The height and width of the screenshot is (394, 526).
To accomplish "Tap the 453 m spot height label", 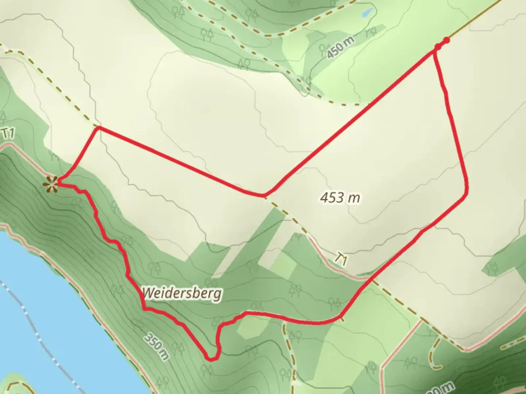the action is pyautogui.click(x=340, y=198).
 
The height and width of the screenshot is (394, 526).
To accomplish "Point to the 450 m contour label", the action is pyautogui.click(x=340, y=48).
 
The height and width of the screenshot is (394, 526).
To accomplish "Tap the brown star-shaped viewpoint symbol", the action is pyautogui.click(x=51, y=184).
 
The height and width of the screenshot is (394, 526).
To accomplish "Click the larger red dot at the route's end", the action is pyautogui.click(x=446, y=40).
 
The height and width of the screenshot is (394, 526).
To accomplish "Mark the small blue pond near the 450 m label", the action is pyautogui.click(x=367, y=13).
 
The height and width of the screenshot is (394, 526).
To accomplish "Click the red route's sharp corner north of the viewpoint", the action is pyautogui.click(x=98, y=127).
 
